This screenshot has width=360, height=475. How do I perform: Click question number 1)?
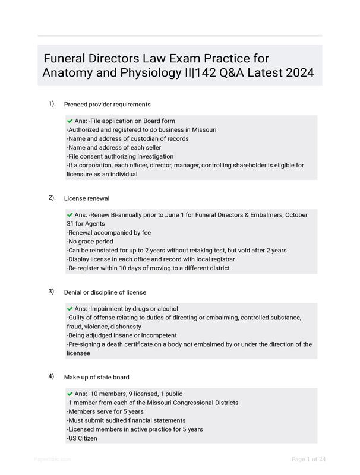[52, 104]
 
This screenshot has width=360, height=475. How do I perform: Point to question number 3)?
[52, 292]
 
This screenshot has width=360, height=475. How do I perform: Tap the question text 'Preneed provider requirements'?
[107, 104]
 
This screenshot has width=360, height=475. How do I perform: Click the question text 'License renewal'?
[87, 198]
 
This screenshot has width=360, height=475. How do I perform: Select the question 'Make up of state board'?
[96, 377]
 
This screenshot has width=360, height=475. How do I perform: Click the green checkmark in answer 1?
[70, 121]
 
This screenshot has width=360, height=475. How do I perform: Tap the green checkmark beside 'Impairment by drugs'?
[70, 309]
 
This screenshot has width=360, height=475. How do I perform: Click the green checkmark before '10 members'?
[70, 394]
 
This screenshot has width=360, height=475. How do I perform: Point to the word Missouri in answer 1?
[204, 130]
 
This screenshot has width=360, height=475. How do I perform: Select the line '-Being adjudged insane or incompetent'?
[122, 335]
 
